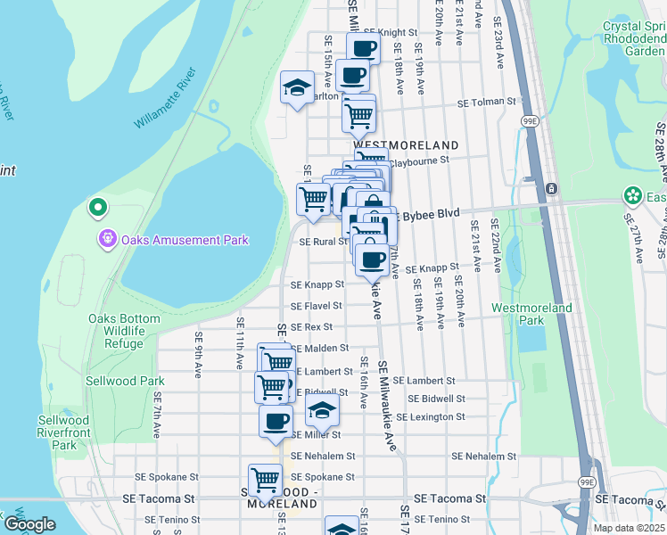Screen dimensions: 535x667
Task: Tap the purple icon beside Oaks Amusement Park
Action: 108,239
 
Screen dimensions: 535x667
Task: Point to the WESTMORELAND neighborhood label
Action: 406,144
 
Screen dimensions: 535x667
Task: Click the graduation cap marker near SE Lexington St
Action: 323,411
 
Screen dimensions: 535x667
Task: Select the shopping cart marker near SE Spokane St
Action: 266,480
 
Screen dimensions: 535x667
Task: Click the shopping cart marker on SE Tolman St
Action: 358,113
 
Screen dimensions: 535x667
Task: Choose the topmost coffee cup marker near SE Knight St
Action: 363,48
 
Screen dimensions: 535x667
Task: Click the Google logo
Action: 29,524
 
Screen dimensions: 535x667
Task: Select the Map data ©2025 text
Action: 628,528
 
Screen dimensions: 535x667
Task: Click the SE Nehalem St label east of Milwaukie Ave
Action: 483,456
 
